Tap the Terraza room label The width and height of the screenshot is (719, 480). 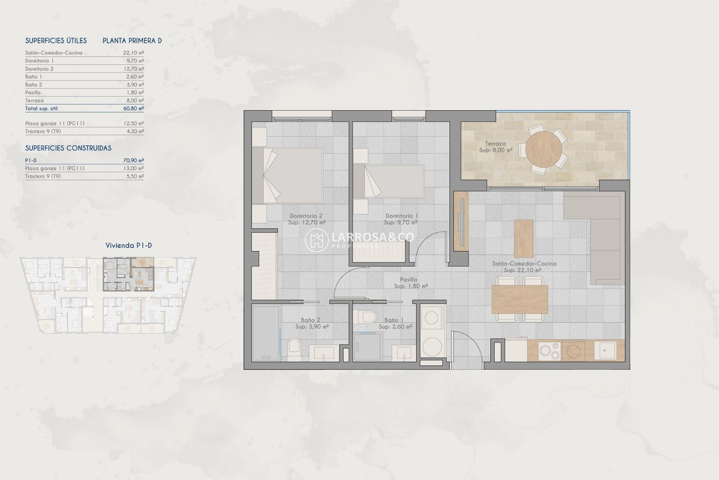pyautogui.click(x=495, y=144)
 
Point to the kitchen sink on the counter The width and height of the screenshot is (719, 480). pyautogui.click(x=605, y=351)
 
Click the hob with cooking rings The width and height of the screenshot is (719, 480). pyautogui.click(x=549, y=351)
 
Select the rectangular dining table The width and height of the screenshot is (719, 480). pyautogui.click(x=520, y=299)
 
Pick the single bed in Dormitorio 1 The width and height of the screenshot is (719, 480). pyautogui.click(x=389, y=181)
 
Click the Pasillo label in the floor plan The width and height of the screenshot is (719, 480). pyautogui.click(x=408, y=279)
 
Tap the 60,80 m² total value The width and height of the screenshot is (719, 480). pyautogui.click(x=133, y=108)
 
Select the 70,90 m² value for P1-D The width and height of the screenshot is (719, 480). pyautogui.click(x=133, y=160)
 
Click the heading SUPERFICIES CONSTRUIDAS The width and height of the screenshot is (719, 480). pyautogui.click(x=68, y=148)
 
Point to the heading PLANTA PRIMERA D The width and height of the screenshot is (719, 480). pyautogui.click(x=132, y=40)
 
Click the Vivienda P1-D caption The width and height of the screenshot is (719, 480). pyautogui.click(x=128, y=246)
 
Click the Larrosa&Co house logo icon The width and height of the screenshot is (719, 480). pyautogui.click(x=316, y=240)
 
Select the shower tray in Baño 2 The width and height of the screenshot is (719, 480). pyautogui.click(x=266, y=332)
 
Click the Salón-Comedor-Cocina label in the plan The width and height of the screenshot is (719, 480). pyautogui.click(x=524, y=264)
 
